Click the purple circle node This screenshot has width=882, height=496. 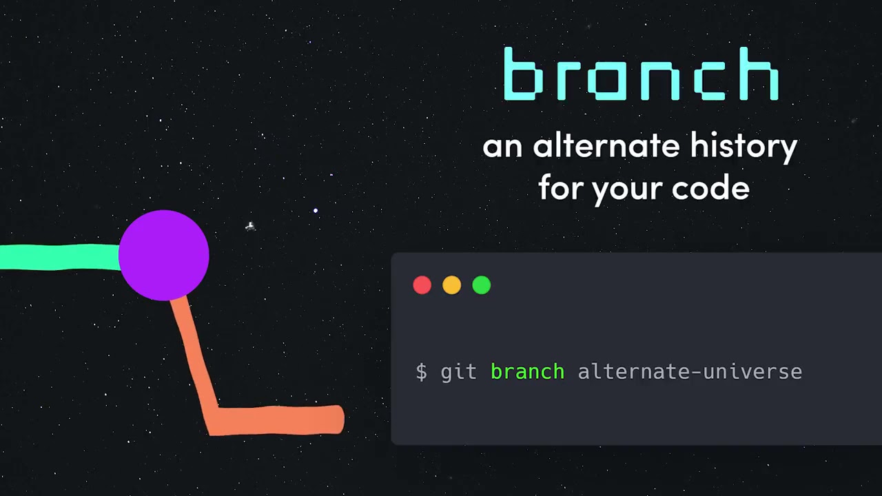(x=164, y=256)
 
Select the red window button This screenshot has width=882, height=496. (x=422, y=285)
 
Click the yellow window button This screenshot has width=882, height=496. (x=452, y=285)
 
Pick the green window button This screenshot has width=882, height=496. (x=482, y=285)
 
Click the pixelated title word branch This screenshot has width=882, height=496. (x=641, y=74)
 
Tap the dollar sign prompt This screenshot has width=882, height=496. (x=422, y=372)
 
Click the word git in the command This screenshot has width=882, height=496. (x=459, y=372)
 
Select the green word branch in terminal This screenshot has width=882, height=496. (x=527, y=372)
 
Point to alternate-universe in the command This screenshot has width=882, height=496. (x=690, y=372)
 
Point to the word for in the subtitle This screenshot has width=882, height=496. (x=561, y=187)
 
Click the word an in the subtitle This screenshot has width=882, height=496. (x=502, y=147)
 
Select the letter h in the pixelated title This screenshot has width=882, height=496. (x=755, y=74)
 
